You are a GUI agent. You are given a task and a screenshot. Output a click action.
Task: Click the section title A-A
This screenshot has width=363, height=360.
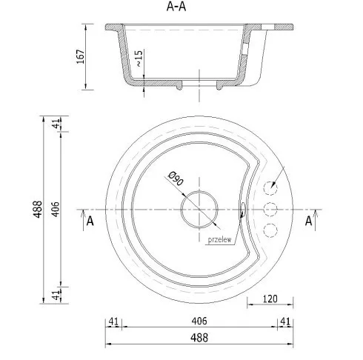click(x=176, y=7)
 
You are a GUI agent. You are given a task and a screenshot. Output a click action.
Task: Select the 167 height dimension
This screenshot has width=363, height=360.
click(x=81, y=56)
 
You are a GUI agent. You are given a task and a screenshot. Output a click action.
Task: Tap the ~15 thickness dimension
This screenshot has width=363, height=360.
click(x=139, y=59)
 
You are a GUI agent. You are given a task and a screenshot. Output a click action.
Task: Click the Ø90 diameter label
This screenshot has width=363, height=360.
click(x=176, y=179)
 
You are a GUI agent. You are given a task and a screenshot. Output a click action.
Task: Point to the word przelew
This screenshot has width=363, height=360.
click(x=219, y=240)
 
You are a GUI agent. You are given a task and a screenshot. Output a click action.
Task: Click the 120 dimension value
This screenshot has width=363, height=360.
click(x=270, y=299)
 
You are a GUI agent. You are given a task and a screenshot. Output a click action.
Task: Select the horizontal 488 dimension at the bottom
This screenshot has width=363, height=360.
click(x=199, y=338)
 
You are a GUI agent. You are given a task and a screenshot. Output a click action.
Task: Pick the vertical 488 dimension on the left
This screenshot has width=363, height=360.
click(x=38, y=209)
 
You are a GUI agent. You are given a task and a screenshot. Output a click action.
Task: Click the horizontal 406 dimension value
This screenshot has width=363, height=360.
click(x=199, y=321)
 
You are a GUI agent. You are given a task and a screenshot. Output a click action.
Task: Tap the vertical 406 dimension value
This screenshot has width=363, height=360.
click(x=56, y=210)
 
